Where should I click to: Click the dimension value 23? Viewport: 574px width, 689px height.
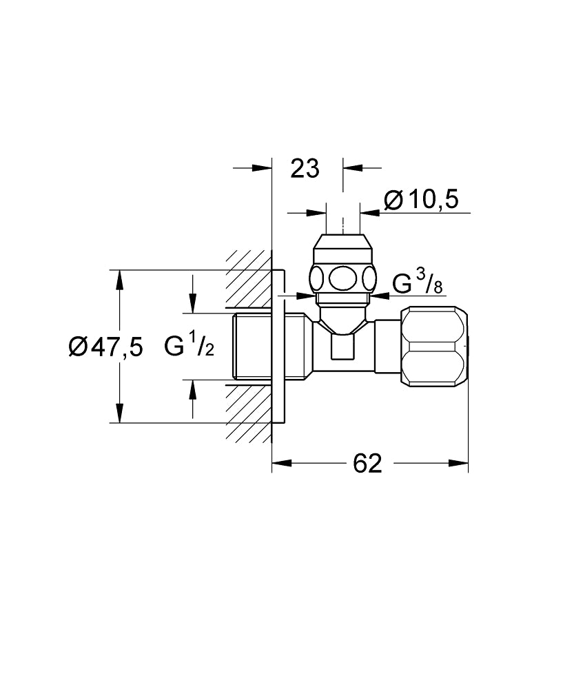305,167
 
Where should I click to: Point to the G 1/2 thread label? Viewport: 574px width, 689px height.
189,346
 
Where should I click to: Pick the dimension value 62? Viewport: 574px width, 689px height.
367,464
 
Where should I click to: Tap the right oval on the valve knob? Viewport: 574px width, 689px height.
370,279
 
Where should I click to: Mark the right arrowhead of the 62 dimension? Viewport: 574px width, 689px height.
462,464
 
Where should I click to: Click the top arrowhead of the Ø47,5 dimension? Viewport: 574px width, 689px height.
119,277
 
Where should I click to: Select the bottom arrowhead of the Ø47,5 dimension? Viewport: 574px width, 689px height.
119,415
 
